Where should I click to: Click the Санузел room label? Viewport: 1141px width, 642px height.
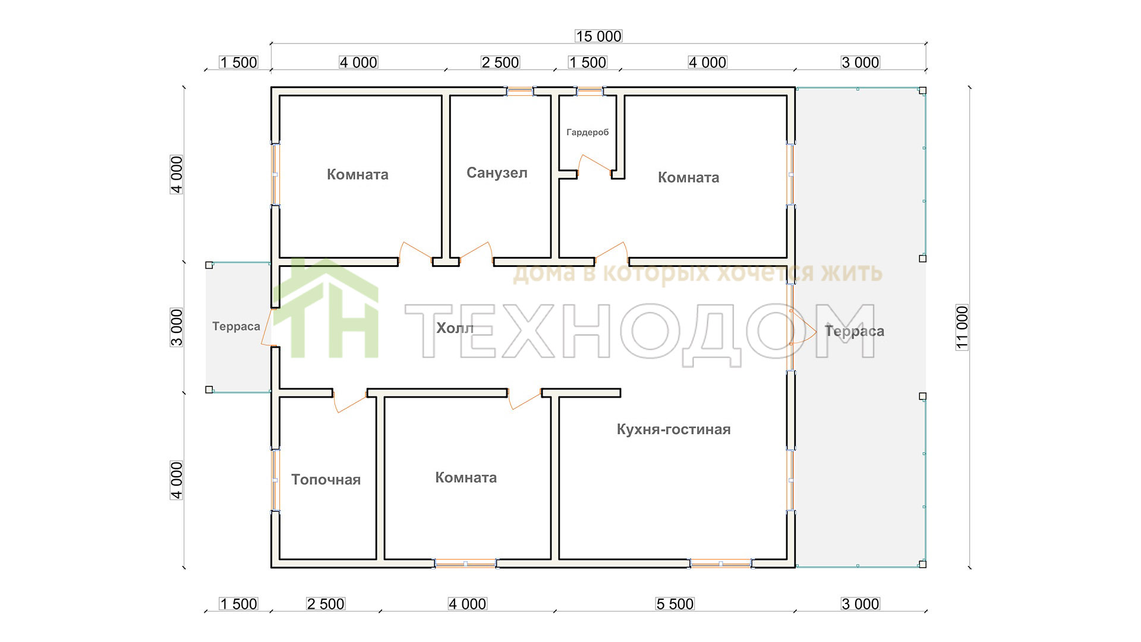point(497,173)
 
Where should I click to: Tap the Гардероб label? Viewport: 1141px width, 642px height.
point(588,133)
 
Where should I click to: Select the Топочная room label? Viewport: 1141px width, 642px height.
point(326,480)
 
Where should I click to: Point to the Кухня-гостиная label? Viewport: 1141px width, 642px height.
point(673,429)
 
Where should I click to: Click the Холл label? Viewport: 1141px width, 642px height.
point(455,328)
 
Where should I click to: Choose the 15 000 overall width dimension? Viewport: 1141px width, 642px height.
point(598,36)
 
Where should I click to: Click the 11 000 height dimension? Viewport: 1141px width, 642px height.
point(962,328)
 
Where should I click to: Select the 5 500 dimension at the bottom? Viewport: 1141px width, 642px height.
point(674,604)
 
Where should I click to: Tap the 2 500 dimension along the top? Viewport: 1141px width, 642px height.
point(500,62)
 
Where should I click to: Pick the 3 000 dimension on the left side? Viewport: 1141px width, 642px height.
point(177,327)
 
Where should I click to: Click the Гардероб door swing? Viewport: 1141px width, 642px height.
point(594,164)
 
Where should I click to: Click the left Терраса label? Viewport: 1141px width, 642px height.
point(236,326)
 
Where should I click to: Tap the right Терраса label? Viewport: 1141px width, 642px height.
point(855,331)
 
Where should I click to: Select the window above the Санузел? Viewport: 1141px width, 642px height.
point(519,92)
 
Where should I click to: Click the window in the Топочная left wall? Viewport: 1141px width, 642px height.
point(275,480)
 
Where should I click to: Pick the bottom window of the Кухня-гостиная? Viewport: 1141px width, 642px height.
point(721,563)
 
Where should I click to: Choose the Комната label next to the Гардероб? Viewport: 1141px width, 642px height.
point(688,177)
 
